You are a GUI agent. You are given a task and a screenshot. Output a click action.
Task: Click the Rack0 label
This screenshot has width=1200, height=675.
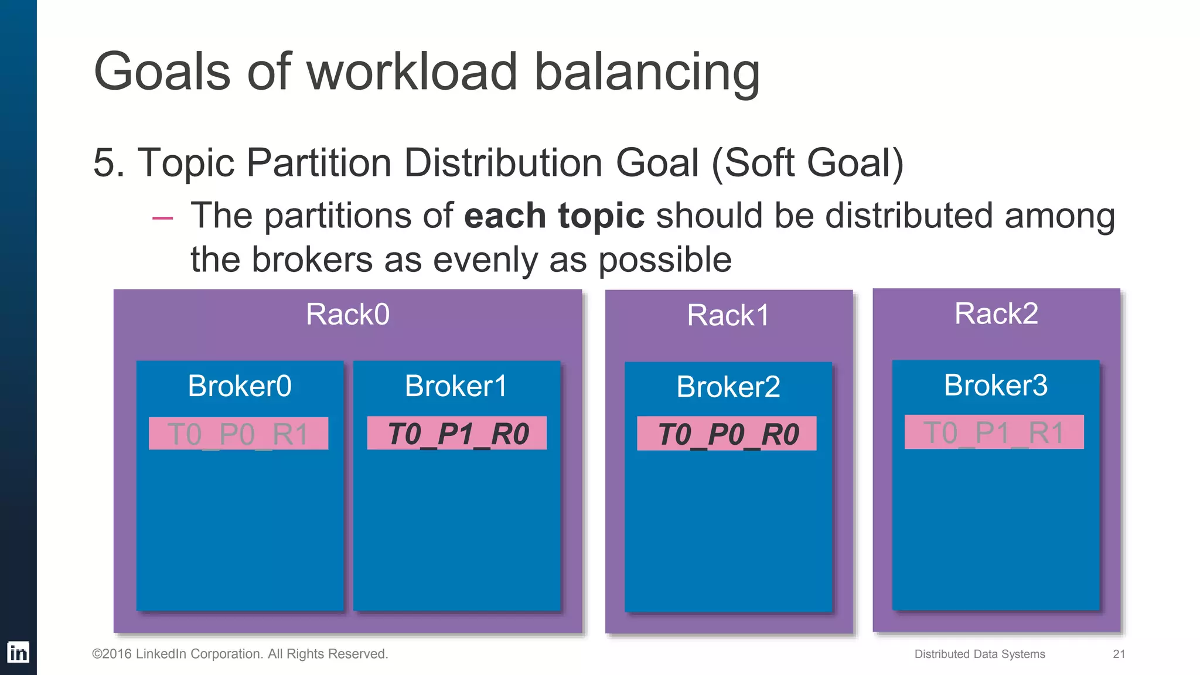point(347,315)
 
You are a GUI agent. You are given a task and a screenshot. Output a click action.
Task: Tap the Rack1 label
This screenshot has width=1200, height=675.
point(728,316)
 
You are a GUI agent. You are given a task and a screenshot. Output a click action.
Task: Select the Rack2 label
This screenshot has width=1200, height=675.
point(996,313)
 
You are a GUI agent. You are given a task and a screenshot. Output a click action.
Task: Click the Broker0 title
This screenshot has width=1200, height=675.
point(240,386)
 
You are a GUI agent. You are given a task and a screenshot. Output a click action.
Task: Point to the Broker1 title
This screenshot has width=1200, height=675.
point(456,386)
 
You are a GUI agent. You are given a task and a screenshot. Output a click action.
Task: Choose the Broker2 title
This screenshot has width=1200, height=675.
point(728,387)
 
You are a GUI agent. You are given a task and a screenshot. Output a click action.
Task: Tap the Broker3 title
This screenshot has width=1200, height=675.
point(996,386)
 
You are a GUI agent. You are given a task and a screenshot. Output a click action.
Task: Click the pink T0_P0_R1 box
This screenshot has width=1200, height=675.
point(238,434)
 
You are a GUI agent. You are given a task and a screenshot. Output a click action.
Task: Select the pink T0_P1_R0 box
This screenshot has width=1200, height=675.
point(457,434)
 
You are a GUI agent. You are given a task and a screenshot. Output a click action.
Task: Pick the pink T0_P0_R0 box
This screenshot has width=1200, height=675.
point(727,434)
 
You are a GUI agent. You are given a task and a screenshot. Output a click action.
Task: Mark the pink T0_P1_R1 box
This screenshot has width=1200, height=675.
point(994,432)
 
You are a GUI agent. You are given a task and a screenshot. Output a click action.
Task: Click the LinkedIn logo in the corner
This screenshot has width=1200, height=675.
point(18,652)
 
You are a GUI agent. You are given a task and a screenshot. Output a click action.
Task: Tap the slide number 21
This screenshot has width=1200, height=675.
point(1119,654)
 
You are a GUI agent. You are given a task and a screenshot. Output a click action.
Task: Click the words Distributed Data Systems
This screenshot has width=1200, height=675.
point(979,654)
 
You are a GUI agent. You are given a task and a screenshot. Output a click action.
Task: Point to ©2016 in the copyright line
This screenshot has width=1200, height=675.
point(112,654)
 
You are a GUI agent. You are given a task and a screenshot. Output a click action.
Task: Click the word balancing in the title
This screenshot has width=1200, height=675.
point(647,72)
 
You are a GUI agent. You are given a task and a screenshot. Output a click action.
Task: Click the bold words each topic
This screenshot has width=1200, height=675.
point(554,216)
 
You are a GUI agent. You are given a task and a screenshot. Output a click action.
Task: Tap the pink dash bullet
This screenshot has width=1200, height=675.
point(162,218)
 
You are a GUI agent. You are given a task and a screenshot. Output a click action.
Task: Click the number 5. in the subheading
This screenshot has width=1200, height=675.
point(109,163)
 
